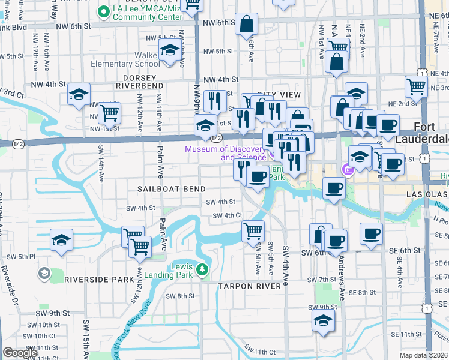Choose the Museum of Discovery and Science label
(225, 153)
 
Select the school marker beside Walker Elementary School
(170, 50)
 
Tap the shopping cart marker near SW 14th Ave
(109, 112)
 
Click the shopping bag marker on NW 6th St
(246, 25)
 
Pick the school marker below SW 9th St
(323, 321)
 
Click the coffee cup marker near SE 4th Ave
(371, 233)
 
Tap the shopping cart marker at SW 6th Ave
(253, 230)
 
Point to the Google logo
(20, 353)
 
